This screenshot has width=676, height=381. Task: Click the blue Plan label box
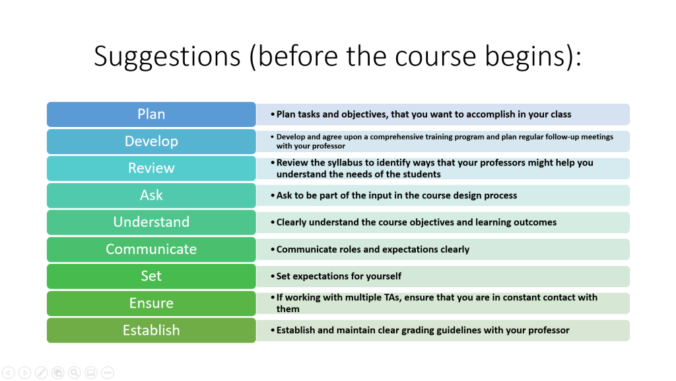[151, 114]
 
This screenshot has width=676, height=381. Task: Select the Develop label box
[151, 142]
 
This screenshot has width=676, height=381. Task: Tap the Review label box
[151, 169]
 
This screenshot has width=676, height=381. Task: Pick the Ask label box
[151, 195]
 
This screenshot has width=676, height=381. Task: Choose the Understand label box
[151, 222]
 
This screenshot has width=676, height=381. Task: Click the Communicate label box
[151, 249]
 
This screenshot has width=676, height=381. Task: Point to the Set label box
[151, 276]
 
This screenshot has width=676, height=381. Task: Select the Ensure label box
[151, 303]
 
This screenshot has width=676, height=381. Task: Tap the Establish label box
[151, 331]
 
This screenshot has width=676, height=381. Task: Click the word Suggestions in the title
[167, 57]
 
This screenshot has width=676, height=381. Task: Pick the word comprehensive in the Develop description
[397, 137]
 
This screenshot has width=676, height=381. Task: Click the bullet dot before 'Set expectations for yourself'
[273, 276]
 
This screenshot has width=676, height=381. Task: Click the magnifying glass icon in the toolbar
[74, 372]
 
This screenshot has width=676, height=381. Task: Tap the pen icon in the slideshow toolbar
[42, 372]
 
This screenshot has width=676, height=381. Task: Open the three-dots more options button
[108, 372]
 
